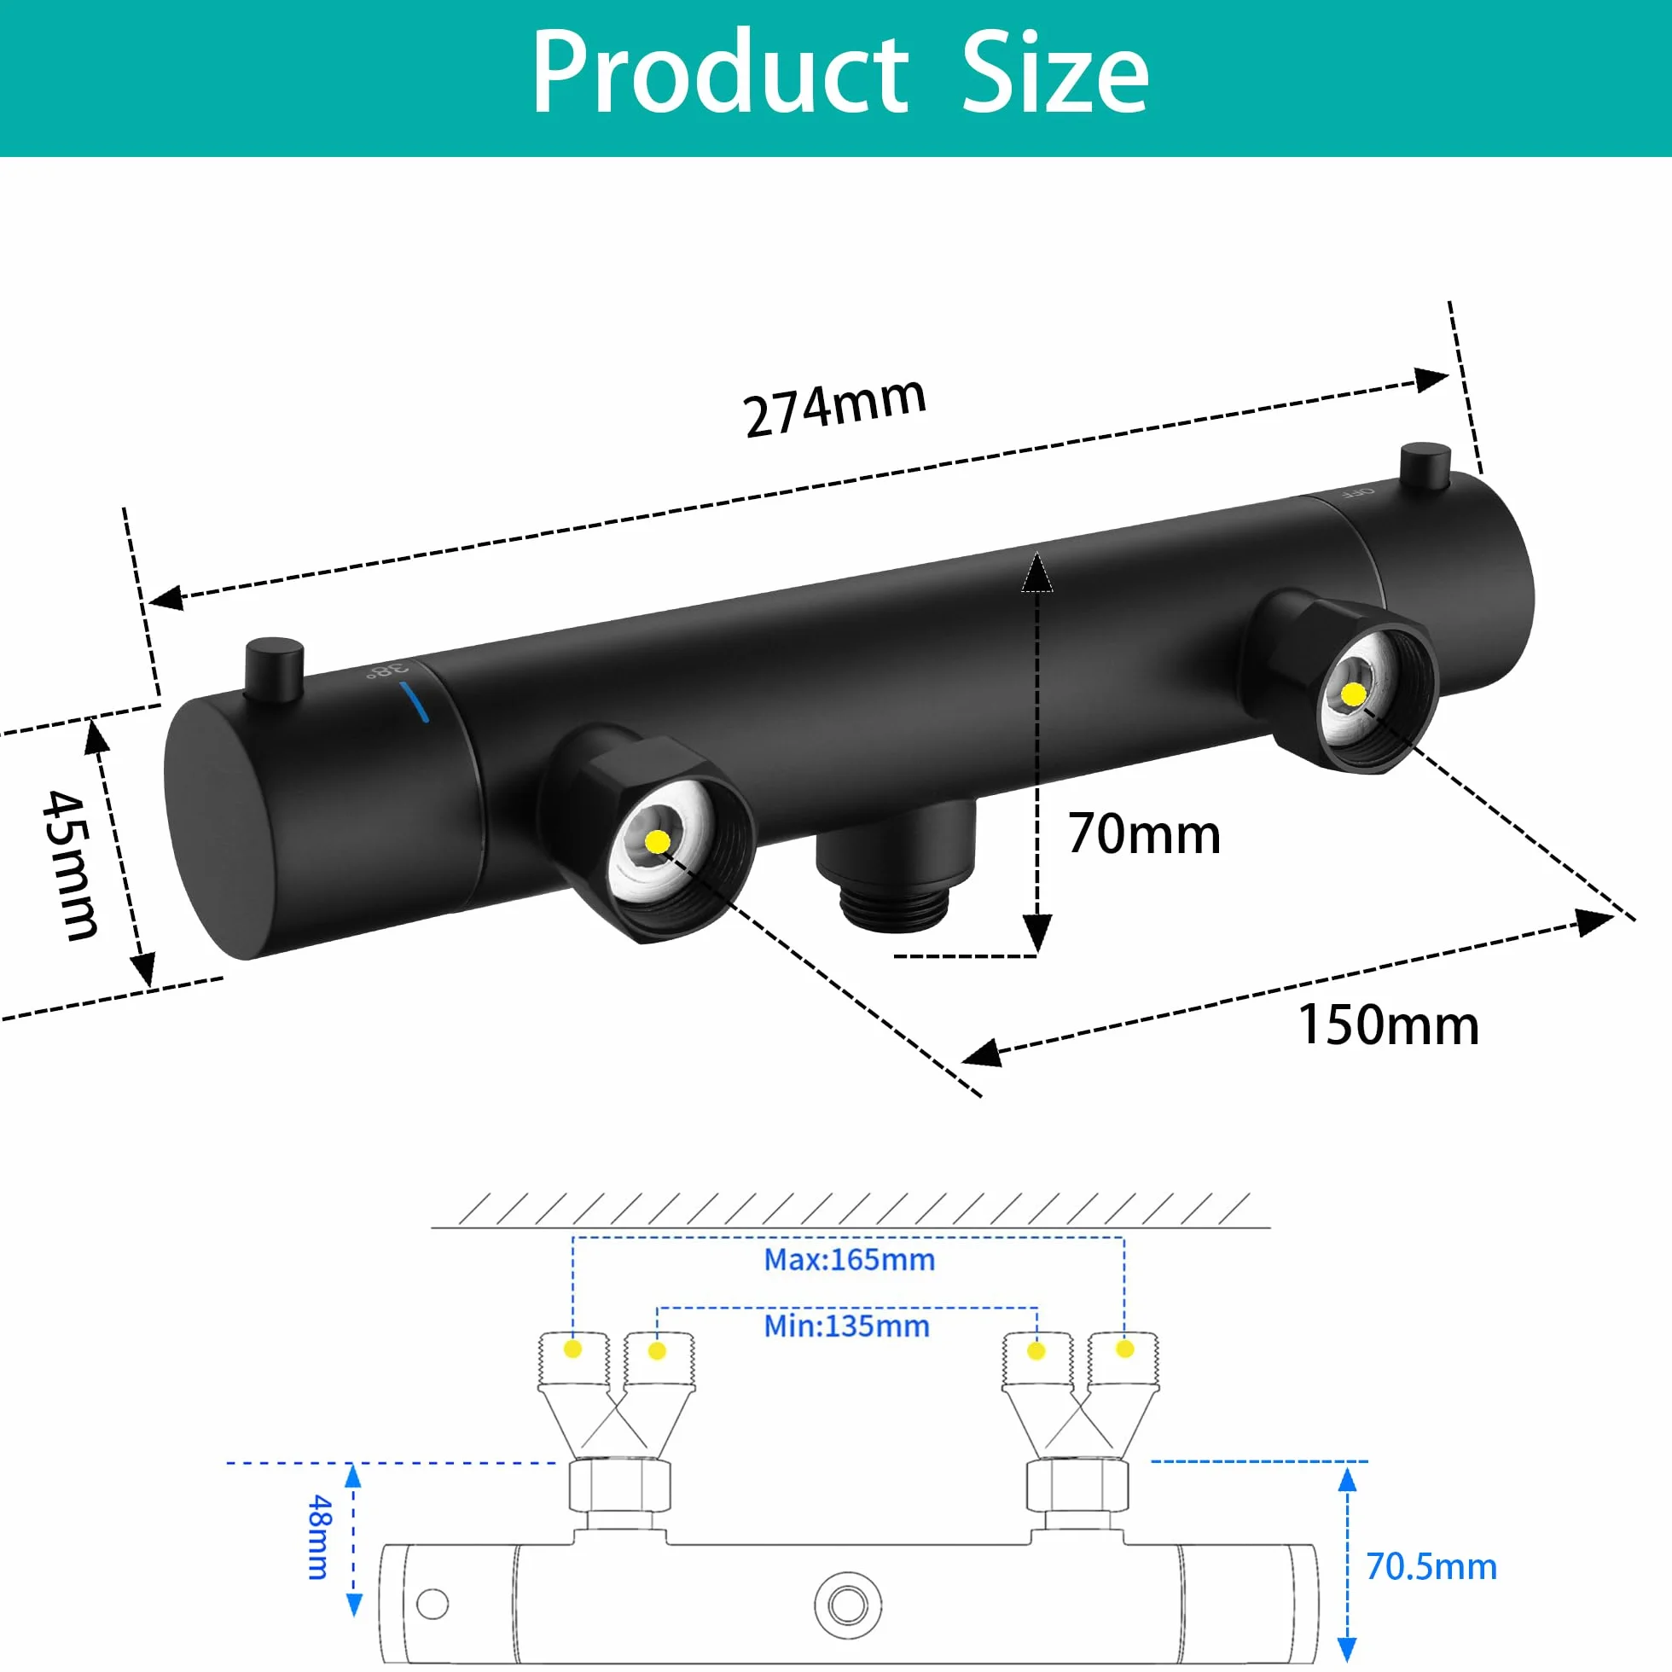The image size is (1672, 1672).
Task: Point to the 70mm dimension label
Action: point(1144,834)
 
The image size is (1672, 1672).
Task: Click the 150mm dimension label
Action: point(1389,1025)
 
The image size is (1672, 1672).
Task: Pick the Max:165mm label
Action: point(849,1260)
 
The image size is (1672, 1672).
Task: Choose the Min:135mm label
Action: point(846,1327)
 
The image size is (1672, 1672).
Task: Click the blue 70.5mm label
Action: point(1431,1567)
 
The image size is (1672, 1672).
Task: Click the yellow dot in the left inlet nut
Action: point(658,841)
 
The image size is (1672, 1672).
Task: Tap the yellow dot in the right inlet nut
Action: point(1353,694)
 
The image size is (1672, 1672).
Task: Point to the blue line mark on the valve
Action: point(415,702)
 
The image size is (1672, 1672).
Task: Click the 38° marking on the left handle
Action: point(386,671)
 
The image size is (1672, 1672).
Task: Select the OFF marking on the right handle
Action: point(1357,492)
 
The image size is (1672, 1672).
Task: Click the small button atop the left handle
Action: point(275,670)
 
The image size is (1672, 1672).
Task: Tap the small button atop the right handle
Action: point(1425,467)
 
